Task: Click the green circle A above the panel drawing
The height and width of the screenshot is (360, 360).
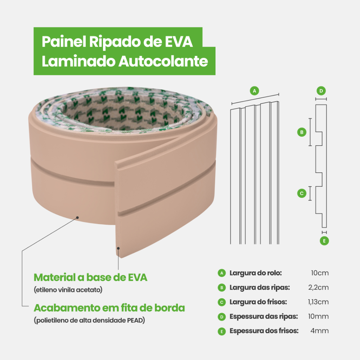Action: coord(254,91)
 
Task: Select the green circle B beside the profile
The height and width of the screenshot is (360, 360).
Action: coord(301,132)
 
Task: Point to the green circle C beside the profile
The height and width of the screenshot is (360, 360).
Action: coord(301,193)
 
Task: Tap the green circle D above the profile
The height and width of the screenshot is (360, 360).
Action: coord(321,91)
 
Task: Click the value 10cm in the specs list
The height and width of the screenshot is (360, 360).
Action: coord(320,273)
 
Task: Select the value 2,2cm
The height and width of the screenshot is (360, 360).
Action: coord(318,287)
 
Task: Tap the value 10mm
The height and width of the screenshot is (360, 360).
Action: coord(318,316)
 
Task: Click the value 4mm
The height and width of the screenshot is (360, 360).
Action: coord(320,331)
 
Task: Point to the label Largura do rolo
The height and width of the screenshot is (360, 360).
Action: coord(256,273)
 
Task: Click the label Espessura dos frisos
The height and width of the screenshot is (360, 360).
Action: coord(264,331)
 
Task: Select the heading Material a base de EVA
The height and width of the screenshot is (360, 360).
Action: coord(90,277)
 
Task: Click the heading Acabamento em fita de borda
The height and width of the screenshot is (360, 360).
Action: coord(109,308)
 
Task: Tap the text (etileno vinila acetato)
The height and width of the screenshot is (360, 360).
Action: coord(68,290)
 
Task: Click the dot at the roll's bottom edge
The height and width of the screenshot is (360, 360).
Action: coord(78,217)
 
